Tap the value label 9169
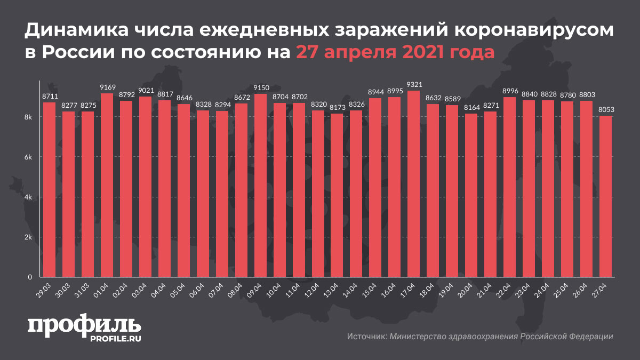click(107, 87)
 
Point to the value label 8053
click(606, 109)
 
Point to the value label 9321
click(414, 84)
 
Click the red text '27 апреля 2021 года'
click(395, 53)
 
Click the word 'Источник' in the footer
click(366, 337)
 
